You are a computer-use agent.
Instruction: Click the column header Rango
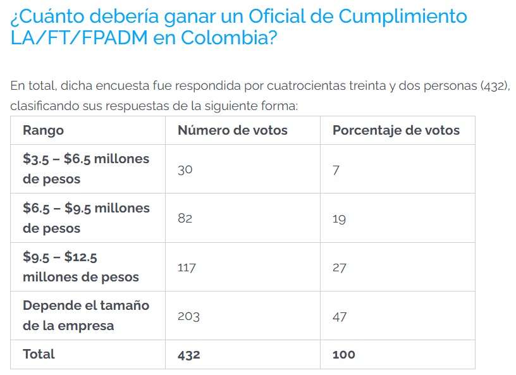click(x=43, y=130)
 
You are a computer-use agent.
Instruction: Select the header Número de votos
click(x=232, y=130)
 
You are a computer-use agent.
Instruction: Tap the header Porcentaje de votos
click(x=396, y=130)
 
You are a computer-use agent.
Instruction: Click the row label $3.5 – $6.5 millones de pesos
click(x=86, y=169)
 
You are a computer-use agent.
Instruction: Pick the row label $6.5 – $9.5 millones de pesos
click(x=86, y=218)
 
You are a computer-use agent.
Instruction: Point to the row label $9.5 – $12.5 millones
click(x=80, y=267)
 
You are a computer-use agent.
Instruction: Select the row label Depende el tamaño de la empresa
click(x=86, y=316)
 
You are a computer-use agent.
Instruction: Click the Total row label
click(x=39, y=354)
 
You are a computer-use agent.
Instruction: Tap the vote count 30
click(x=185, y=169)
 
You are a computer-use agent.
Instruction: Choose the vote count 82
click(x=185, y=218)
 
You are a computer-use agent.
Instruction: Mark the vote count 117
click(x=187, y=267)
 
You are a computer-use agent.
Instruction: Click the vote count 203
click(x=188, y=316)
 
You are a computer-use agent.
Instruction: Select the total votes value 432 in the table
click(x=188, y=355)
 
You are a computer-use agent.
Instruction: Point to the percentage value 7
click(x=336, y=169)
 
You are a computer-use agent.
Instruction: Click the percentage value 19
click(x=339, y=218)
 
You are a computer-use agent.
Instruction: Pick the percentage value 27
click(x=340, y=267)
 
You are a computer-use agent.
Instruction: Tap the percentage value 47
click(x=340, y=316)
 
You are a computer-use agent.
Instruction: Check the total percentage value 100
click(x=343, y=355)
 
